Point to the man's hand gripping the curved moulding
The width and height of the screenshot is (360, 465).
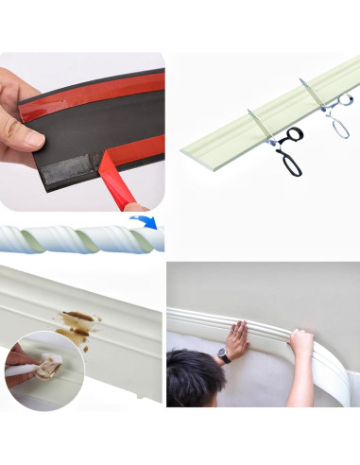[300, 341]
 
